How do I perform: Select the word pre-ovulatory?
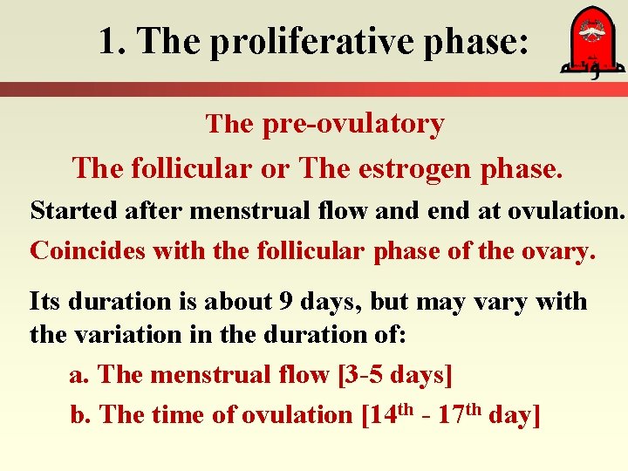(x=352, y=124)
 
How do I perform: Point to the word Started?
(x=66, y=210)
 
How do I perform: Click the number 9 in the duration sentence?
(x=286, y=302)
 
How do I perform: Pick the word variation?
(x=126, y=333)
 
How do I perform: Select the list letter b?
(x=78, y=415)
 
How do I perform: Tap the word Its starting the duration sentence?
(x=44, y=302)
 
